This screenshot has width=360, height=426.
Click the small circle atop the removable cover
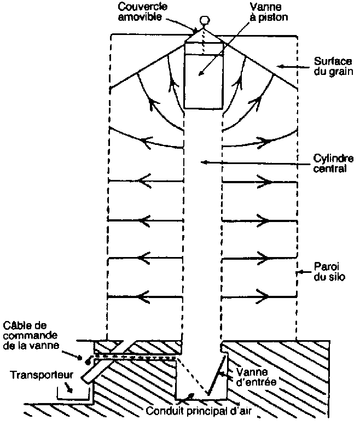pyautogui.click(x=205, y=21)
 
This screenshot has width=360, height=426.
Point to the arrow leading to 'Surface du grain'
pyautogui.click(x=290, y=66)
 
